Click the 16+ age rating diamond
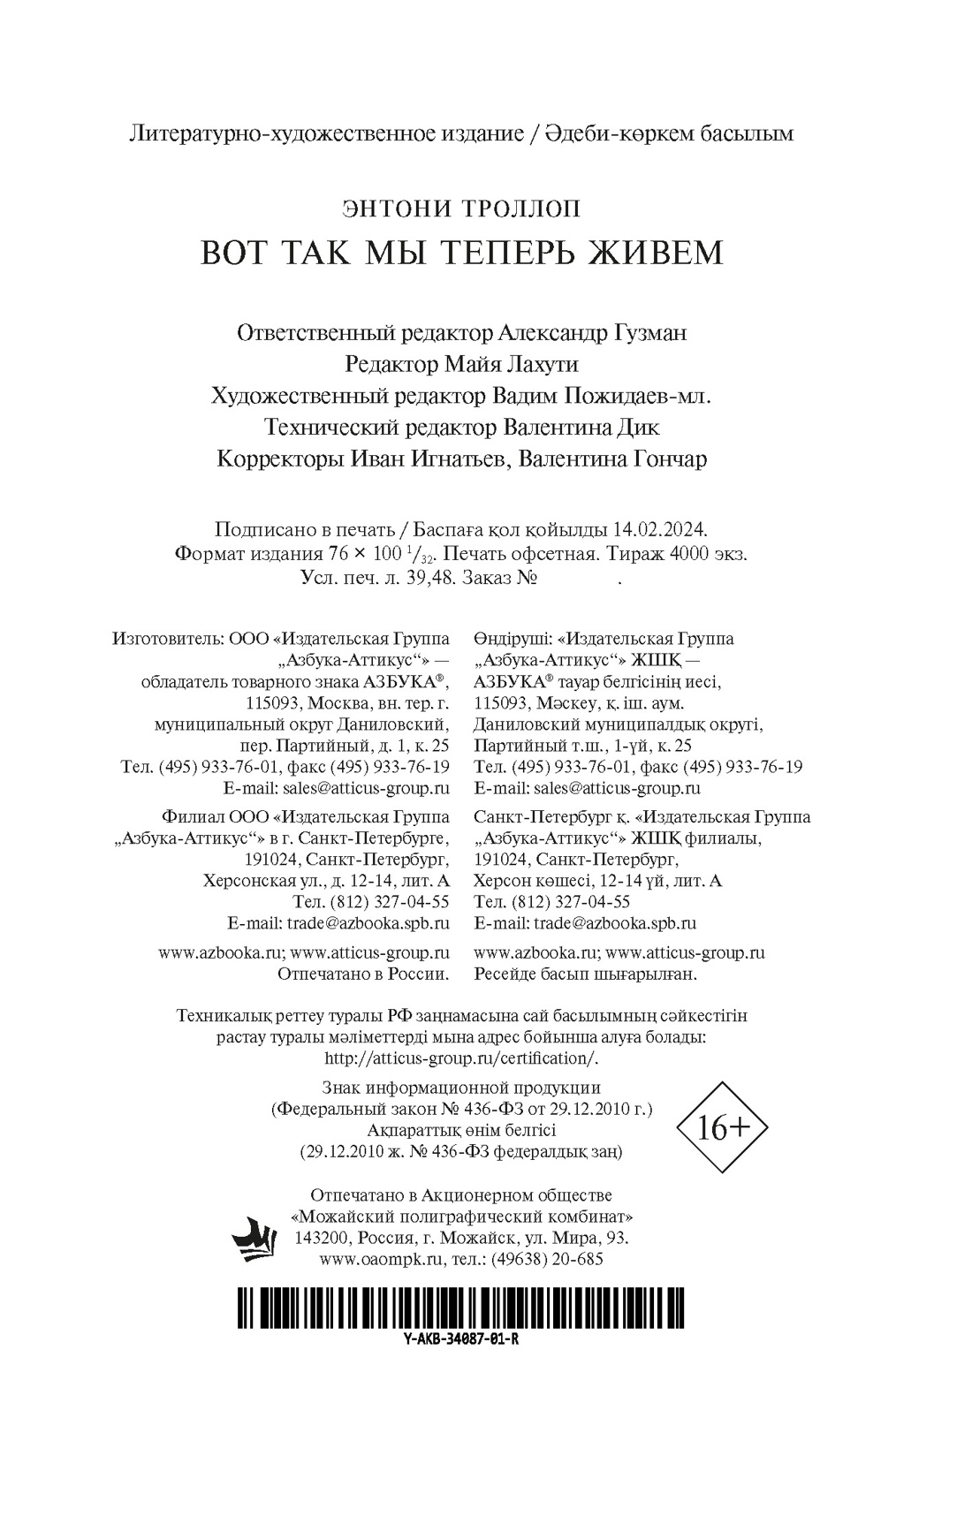click(x=722, y=1127)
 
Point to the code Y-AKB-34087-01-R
click(x=460, y=1338)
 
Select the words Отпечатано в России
click(x=363, y=974)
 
